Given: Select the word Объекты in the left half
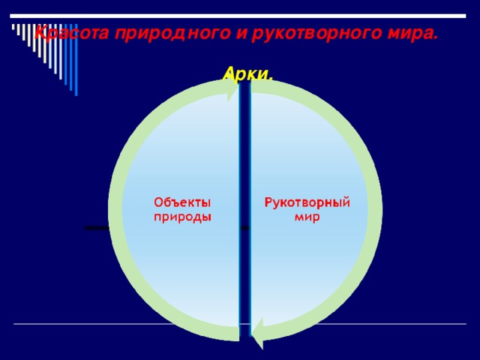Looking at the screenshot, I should pos(182,202).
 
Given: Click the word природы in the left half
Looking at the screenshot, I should pos(182,217).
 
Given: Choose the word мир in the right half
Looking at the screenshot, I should pos(307,217).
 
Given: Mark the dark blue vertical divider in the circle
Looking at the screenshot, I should pos(244,210).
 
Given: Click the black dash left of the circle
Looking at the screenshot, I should pos(97,227).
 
